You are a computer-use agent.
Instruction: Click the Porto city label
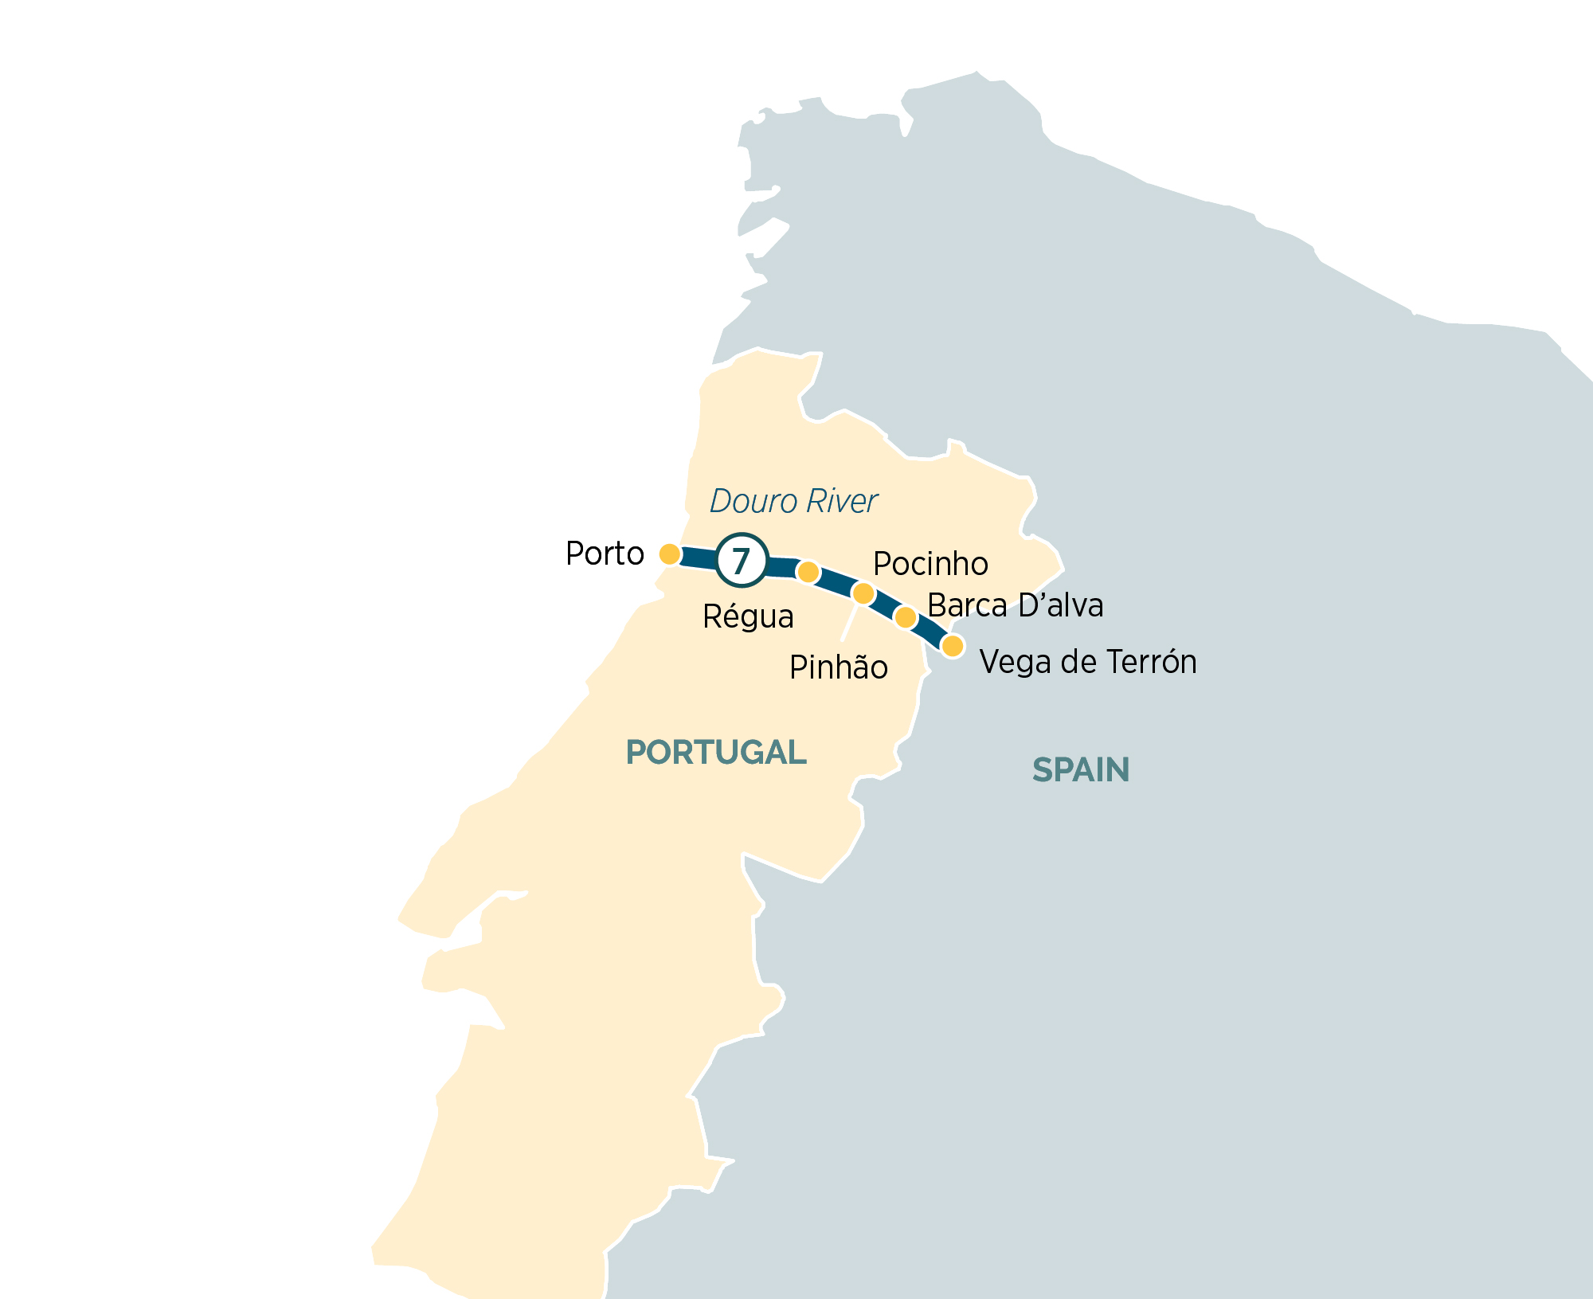click(x=605, y=554)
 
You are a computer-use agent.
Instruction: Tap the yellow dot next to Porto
click(x=670, y=554)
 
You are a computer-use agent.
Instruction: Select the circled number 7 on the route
click(x=742, y=561)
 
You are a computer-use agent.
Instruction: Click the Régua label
click(x=748, y=617)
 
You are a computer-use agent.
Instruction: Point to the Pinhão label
click(x=838, y=667)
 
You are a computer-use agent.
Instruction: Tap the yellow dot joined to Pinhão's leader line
click(x=863, y=593)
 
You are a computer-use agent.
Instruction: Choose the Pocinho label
click(x=930, y=564)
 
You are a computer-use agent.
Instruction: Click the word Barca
click(x=967, y=605)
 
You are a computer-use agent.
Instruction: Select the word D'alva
click(x=1060, y=605)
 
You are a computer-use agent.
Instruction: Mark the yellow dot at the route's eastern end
click(x=953, y=646)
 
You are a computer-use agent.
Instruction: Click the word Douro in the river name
click(x=753, y=502)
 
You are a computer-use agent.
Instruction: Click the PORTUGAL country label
click(x=716, y=753)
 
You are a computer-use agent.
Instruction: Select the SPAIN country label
click(x=1081, y=770)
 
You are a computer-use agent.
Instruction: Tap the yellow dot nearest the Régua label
click(x=808, y=572)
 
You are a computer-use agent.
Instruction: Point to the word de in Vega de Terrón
click(x=1072, y=662)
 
